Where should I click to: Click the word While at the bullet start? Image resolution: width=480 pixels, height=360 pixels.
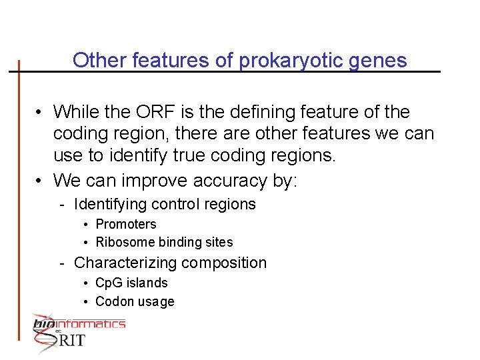(x=77, y=111)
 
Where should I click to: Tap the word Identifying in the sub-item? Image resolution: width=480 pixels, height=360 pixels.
(x=111, y=204)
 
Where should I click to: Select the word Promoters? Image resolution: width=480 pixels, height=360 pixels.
(x=126, y=225)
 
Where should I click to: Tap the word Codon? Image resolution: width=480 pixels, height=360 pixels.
(x=113, y=301)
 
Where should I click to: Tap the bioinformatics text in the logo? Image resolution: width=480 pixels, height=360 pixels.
(x=79, y=324)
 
